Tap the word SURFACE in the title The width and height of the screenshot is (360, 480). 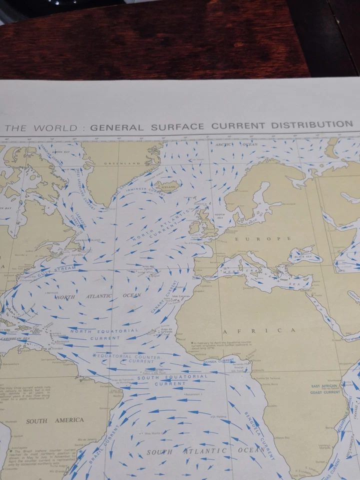[x=176, y=126]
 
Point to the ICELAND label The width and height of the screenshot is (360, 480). [x=168, y=188]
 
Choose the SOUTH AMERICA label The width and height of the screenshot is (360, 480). [x=55, y=420]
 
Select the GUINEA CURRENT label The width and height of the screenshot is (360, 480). [x=218, y=360]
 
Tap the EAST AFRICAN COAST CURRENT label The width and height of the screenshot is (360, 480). [x=325, y=389]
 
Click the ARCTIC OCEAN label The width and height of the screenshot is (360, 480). [x=234, y=145]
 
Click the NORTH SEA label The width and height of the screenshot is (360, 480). [x=220, y=217]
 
